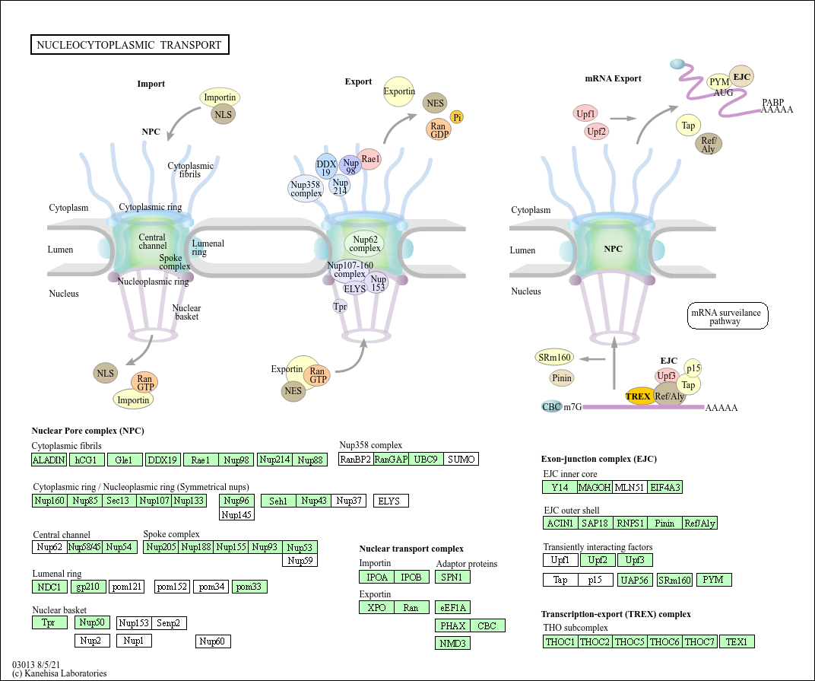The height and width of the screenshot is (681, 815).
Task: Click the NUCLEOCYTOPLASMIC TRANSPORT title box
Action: point(129,45)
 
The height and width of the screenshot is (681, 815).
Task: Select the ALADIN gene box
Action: point(49,460)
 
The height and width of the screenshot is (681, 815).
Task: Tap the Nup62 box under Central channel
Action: point(49,547)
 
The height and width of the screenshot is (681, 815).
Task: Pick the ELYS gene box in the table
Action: point(391,501)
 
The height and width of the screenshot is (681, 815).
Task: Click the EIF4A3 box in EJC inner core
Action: point(665,487)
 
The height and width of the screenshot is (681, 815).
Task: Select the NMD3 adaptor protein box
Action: point(453,643)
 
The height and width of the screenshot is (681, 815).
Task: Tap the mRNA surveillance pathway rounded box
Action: point(728,316)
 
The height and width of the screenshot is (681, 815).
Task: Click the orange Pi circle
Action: point(457,116)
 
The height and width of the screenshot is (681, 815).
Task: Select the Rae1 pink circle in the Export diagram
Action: point(370,159)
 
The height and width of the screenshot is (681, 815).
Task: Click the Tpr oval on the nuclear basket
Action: point(340,307)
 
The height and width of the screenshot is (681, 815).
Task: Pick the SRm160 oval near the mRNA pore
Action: point(553,358)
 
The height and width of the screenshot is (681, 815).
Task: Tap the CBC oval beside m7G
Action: point(551,407)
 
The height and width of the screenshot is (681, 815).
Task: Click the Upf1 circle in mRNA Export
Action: point(585,114)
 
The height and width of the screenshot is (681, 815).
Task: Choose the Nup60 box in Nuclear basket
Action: point(213,641)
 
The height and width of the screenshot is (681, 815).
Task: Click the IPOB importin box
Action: point(411,577)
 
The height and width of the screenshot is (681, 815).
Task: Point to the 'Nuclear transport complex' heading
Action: point(411,549)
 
